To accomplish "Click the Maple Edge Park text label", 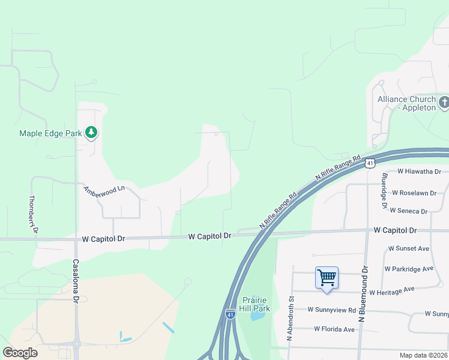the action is pos(50,133).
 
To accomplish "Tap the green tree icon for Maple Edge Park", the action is pos(91,132).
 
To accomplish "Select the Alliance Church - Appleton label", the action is pos(407,103).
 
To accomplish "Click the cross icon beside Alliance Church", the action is pos(444,103).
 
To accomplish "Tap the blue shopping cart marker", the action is pos(327,278).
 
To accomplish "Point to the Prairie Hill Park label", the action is pos(256,304).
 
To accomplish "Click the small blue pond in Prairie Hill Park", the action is pos(258,314).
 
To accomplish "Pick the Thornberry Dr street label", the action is pos(33,214).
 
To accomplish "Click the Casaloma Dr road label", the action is pos(76,280).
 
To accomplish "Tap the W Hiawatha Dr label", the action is pos(419,172).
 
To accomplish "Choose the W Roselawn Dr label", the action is pos(418,193).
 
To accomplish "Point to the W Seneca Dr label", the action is pos(408,211).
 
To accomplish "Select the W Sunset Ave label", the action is pos(409,248).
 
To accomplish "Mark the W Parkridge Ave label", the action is pos(409,269).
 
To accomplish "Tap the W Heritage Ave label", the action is pos(392,291).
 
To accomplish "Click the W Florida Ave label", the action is pos(334,329).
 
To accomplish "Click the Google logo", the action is pos(20,353).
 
